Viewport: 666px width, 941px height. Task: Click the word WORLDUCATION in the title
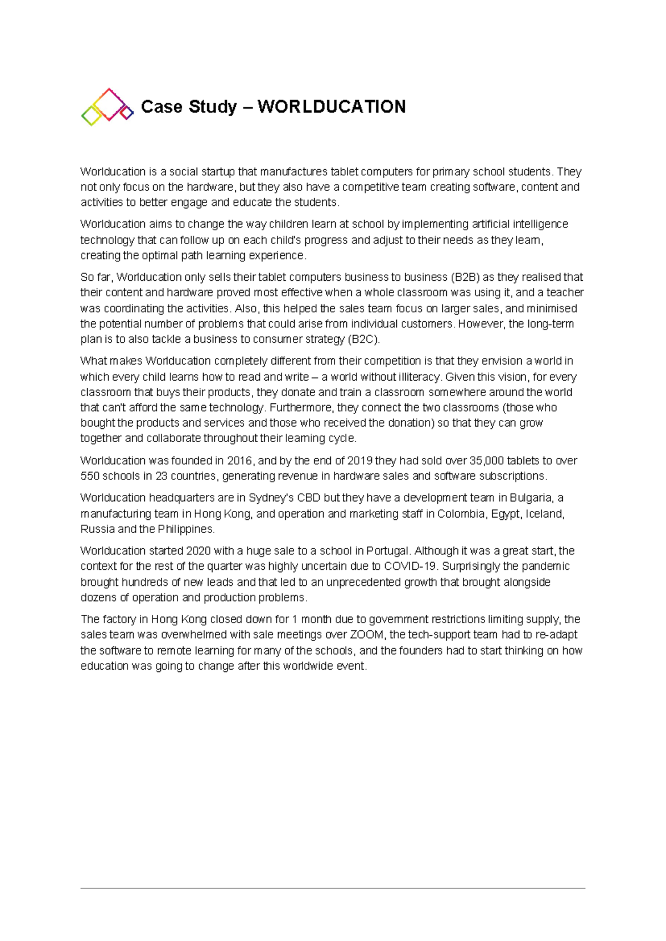pos(331,107)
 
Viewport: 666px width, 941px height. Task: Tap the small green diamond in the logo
pos(90,116)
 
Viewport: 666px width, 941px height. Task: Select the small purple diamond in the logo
pos(127,113)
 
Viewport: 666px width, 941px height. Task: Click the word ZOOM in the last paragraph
pos(367,635)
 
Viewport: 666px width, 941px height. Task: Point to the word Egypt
pos(505,514)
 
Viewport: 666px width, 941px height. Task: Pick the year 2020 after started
pos(199,551)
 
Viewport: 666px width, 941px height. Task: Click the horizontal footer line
pos(333,888)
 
